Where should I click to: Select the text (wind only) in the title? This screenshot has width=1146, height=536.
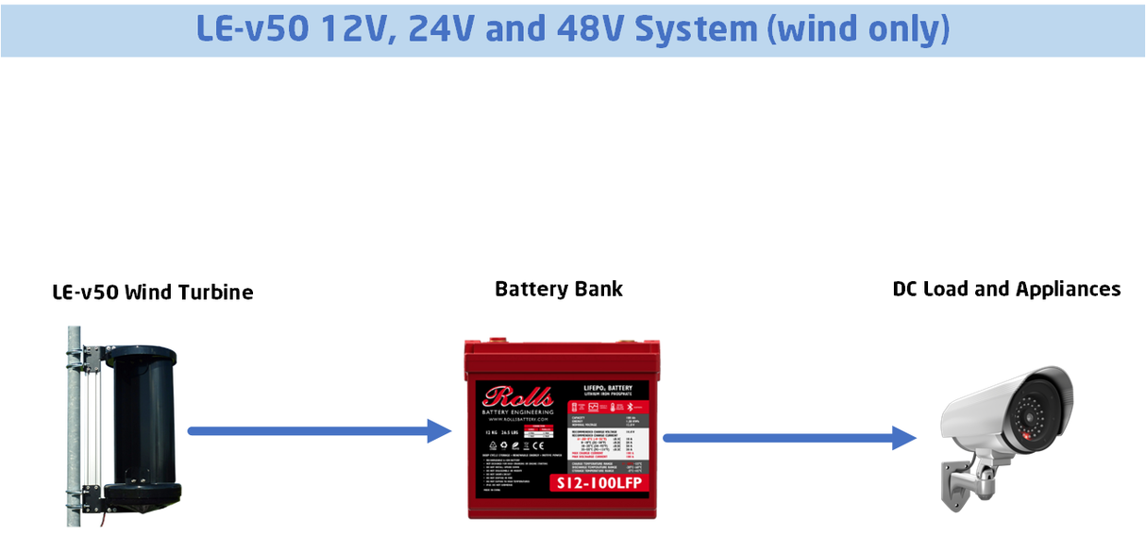coord(859,29)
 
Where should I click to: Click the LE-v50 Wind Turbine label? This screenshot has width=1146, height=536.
coord(152,293)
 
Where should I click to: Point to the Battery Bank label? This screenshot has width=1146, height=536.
coord(559,289)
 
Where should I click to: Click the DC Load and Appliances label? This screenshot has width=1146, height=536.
coord(1006,289)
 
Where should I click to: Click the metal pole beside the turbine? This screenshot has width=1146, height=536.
coord(74,425)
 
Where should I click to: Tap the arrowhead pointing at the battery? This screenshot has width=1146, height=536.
coord(440,431)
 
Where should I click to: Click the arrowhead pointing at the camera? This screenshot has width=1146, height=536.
coord(904,438)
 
